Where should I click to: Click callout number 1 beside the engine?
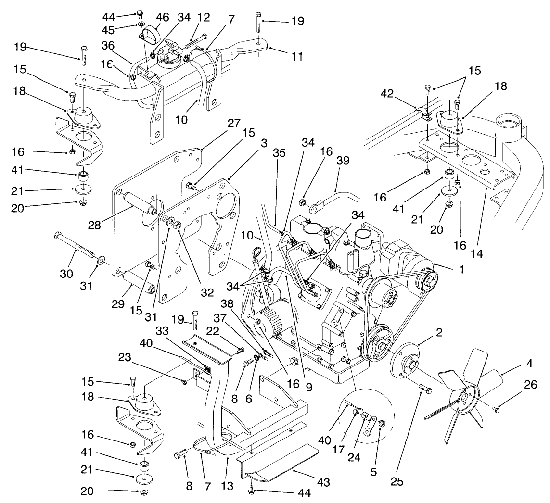(x=461, y=270)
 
